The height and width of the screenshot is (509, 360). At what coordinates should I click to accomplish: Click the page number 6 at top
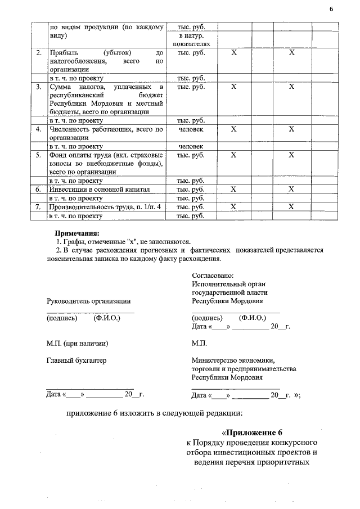pyautogui.click(x=331, y=9)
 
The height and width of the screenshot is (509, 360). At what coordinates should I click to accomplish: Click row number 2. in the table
pyautogui.click(x=39, y=53)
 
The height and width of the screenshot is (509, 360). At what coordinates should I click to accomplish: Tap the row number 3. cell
pyautogui.click(x=39, y=87)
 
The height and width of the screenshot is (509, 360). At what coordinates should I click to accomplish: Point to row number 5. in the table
pyautogui.click(x=39, y=155)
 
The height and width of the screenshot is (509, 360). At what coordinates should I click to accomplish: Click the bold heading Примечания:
pyautogui.click(x=76, y=232)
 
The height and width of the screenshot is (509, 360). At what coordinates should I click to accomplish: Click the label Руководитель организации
pyautogui.click(x=88, y=301)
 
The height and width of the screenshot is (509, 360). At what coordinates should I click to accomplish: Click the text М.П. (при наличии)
pyautogui.click(x=77, y=343)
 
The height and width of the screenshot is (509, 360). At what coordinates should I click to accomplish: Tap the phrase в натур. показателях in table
pyautogui.click(x=191, y=39)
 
